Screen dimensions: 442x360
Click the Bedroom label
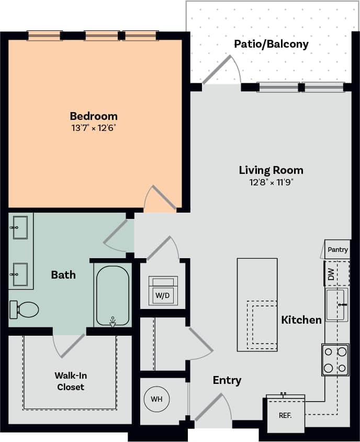click(94, 116)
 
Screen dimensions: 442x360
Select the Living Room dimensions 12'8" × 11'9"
click(271, 183)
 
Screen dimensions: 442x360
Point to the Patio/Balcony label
click(271, 44)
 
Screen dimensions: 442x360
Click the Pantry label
click(337, 250)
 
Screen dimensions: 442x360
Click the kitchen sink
click(336, 304)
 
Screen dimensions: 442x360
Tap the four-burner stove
click(335, 360)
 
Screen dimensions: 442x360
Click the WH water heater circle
click(156, 399)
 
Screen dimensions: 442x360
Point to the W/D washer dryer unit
click(163, 291)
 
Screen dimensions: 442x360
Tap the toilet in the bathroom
click(25, 310)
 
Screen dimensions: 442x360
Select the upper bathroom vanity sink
click(20, 228)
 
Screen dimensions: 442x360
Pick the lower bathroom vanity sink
click(20, 274)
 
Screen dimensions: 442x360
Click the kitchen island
click(257, 304)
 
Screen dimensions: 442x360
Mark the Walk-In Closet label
click(70, 381)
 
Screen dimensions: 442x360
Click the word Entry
click(227, 380)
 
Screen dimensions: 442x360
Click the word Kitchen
click(301, 319)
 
